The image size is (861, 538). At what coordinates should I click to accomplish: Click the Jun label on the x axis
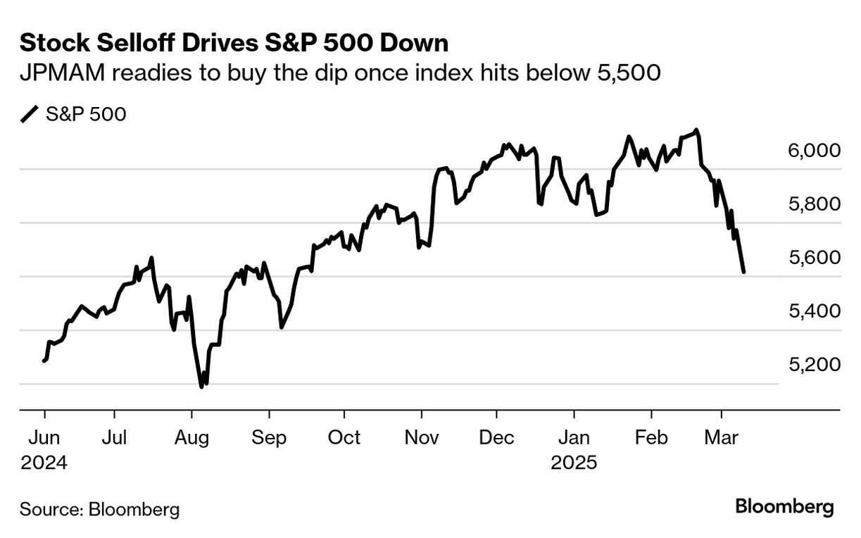pyautogui.click(x=44, y=437)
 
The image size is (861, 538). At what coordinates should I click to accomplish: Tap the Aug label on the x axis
pyautogui.click(x=191, y=437)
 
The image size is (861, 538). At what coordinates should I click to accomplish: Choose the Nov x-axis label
pyautogui.click(x=421, y=437)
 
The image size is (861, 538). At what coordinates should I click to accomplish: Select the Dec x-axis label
pyautogui.click(x=496, y=437)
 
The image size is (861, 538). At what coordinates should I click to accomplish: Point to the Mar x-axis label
pyautogui.click(x=721, y=437)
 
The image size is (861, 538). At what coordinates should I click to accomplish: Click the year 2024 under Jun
pyautogui.click(x=44, y=463)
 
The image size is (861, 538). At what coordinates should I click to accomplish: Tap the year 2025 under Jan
pyautogui.click(x=574, y=463)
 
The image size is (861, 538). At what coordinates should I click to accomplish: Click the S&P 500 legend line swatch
pyautogui.click(x=30, y=114)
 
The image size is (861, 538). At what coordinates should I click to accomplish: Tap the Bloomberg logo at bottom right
pyautogui.click(x=784, y=507)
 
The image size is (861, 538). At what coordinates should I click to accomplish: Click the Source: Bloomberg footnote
pyautogui.click(x=99, y=509)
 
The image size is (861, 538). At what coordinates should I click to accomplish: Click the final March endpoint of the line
pyautogui.click(x=744, y=272)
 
